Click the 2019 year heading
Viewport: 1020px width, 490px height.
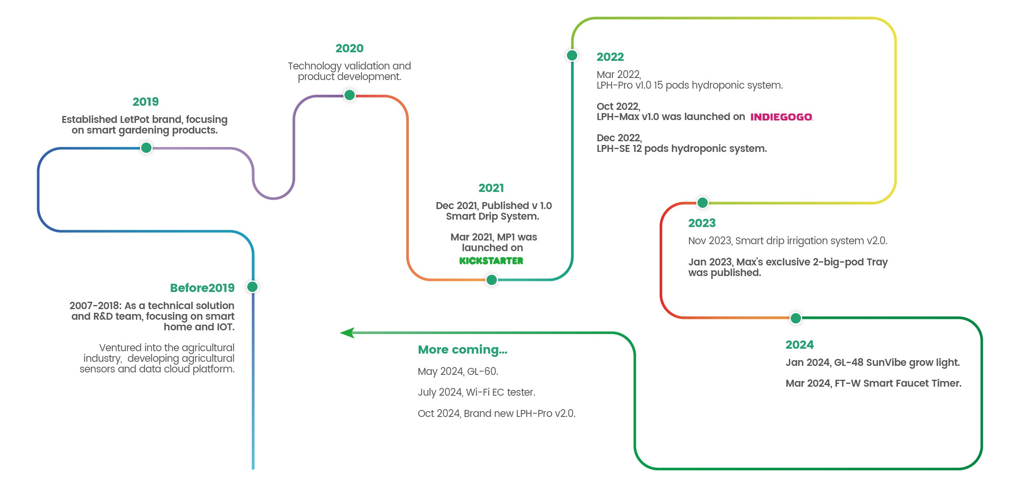pos(146,102)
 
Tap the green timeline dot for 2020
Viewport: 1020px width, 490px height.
pos(349,95)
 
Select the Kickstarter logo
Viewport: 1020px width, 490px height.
pos(491,261)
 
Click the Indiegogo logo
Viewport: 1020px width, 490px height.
pos(781,117)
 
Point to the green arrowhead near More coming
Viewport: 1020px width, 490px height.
pos(347,333)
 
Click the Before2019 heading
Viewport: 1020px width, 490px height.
pos(202,288)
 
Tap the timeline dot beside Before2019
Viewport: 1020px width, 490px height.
pos(253,287)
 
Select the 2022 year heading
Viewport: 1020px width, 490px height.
pos(610,57)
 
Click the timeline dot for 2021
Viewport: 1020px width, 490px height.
pos(492,280)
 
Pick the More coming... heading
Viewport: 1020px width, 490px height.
pos(463,350)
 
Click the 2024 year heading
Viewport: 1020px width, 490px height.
pos(800,345)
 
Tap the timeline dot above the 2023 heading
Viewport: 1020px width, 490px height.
pos(703,203)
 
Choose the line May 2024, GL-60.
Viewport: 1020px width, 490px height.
pos(458,371)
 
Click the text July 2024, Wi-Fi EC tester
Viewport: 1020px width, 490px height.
pos(477,392)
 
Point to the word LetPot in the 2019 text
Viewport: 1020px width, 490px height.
pos(134,120)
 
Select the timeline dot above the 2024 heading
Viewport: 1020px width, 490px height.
pos(796,318)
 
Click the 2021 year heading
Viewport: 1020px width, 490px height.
pos(491,188)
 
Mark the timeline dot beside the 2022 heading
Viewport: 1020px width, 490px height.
pos(572,55)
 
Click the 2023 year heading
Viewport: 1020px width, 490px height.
pos(702,223)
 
